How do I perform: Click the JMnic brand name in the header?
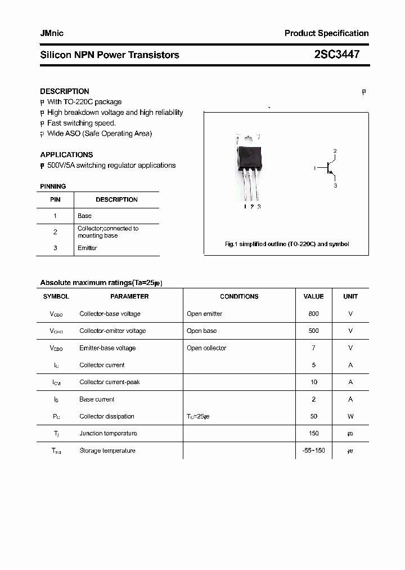point(52,33)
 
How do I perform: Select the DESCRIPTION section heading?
point(65,91)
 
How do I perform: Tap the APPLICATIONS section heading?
point(66,154)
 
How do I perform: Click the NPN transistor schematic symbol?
point(328,168)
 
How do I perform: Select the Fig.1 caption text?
point(287,244)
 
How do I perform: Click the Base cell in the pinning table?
point(84,216)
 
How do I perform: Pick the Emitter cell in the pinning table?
point(87,248)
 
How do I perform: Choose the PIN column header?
point(55,199)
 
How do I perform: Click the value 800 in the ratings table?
point(313,314)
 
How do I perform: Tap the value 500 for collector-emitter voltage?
point(313,331)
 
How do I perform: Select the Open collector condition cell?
point(206,348)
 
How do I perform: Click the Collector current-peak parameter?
point(110,382)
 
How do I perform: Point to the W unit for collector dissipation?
point(350,416)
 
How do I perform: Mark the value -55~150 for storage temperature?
point(313,451)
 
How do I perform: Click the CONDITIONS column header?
point(239,296)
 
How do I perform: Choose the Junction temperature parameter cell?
point(108,433)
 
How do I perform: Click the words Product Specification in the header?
point(326,33)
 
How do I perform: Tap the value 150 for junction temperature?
point(313,433)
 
